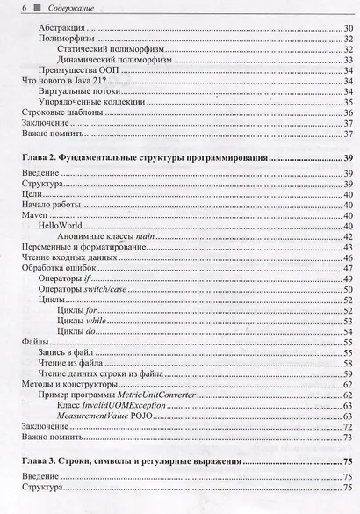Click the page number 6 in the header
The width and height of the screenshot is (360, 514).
coord(13,8)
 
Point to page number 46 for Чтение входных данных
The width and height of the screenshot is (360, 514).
coord(348,258)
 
